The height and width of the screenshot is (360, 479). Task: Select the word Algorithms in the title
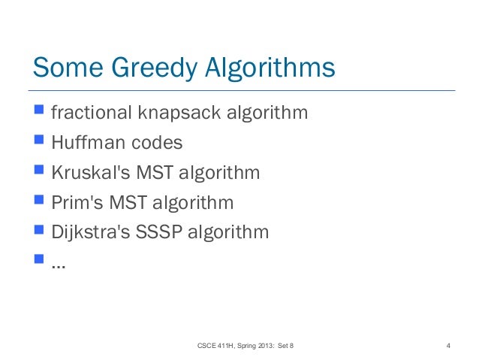click(270, 68)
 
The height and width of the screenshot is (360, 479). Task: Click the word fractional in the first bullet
click(90, 113)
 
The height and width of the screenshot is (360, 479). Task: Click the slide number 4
click(447, 346)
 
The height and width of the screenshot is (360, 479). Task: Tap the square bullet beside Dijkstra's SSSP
click(38, 230)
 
